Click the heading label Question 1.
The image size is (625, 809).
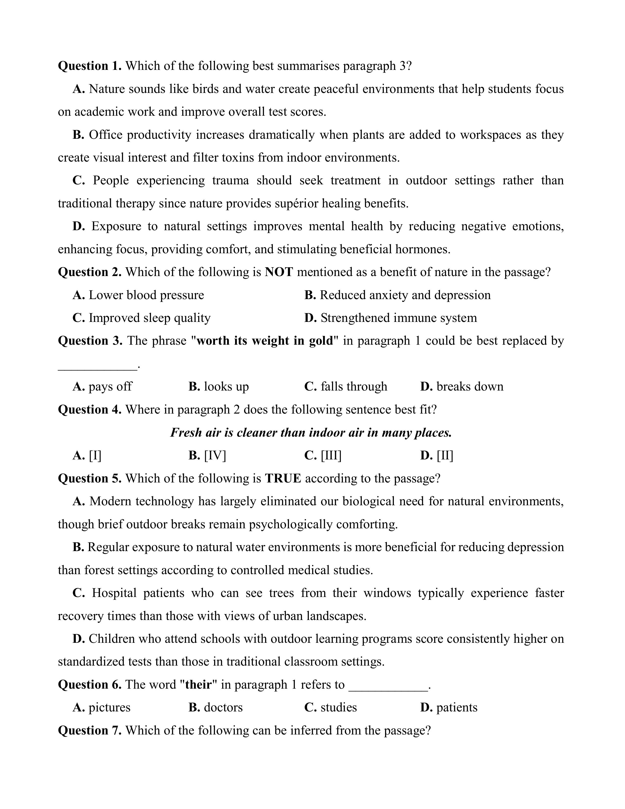(x=90, y=66)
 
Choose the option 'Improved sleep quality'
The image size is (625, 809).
(x=149, y=318)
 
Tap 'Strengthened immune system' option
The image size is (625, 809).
(x=398, y=318)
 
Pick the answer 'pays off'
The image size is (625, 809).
(x=110, y=386)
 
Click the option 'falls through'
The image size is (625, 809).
(x=354, y=386)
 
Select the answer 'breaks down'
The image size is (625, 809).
(x=470, y=386)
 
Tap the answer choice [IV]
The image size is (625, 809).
(x=215, y=455)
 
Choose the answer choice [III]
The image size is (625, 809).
(x=331, y=455)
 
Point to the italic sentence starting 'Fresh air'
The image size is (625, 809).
(x=311, y=432)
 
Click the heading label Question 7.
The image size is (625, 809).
(x=90, y=730)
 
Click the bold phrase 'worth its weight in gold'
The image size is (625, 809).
(x=264, y=341)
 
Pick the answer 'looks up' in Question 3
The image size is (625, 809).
(x=226, y=386)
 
